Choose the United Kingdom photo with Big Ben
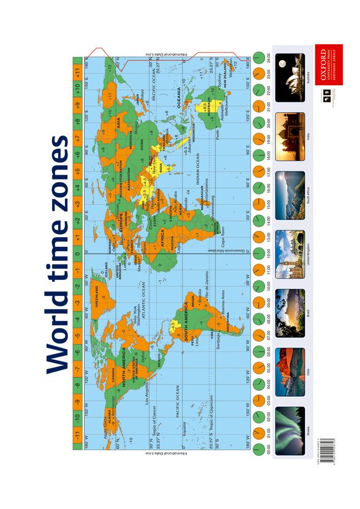click(x=290, y=252)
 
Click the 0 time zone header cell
click(x=77, y=252)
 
